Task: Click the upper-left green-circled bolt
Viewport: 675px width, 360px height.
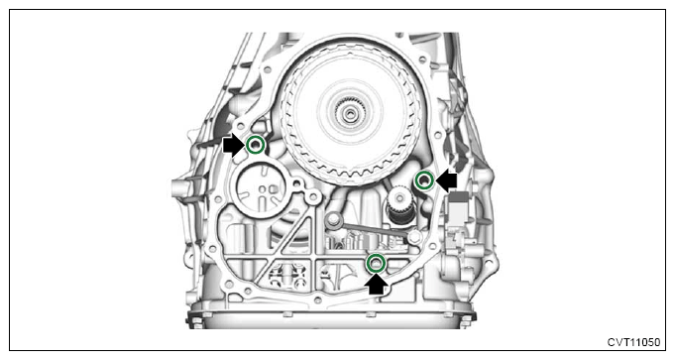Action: tap(256, 146)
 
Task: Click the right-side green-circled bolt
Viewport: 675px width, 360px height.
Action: tap(422, 180)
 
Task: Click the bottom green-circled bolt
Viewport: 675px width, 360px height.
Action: tap(376, 263)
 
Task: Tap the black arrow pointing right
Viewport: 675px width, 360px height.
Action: tap(233, 146)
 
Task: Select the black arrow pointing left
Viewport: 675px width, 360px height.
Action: tap(447, 180)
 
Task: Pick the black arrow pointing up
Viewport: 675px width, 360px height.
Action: tap(377, 286)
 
